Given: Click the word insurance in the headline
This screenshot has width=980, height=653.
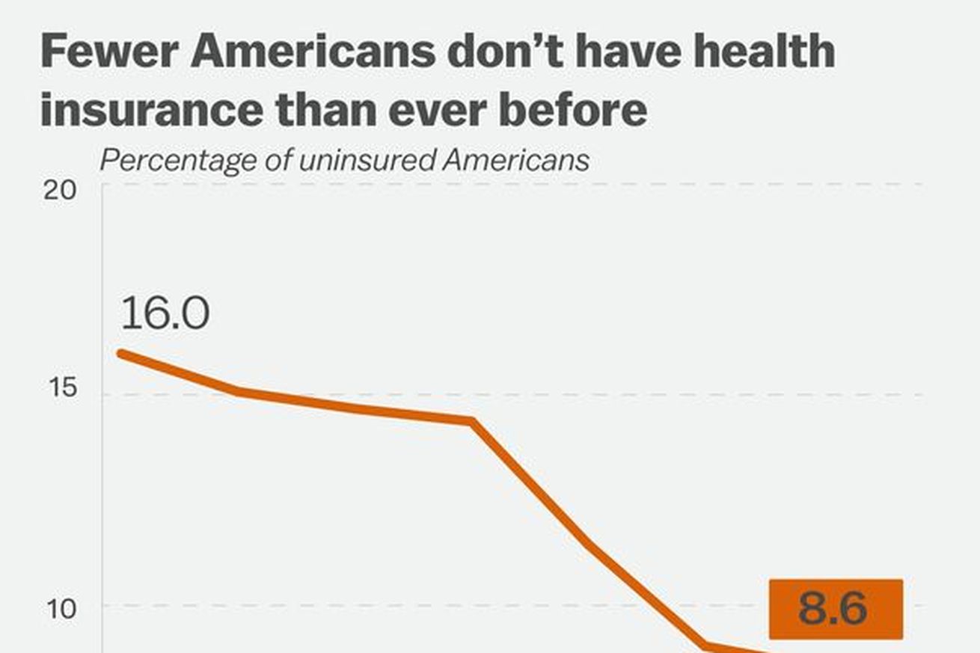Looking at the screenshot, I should click(x=150, y=109).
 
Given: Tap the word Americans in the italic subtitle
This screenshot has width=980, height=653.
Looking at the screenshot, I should click(x=516, y=160).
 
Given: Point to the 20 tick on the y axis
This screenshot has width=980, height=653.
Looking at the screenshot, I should click(x=60, y=190).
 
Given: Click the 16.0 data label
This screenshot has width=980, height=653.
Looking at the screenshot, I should click(x=165, y=313).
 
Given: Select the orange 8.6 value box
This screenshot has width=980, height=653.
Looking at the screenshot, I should click(x=835, y=609).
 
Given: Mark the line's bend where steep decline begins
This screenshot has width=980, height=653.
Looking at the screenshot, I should click(x=472, y=422).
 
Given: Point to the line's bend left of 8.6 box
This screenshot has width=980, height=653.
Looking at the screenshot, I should click(x=704, y=645).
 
